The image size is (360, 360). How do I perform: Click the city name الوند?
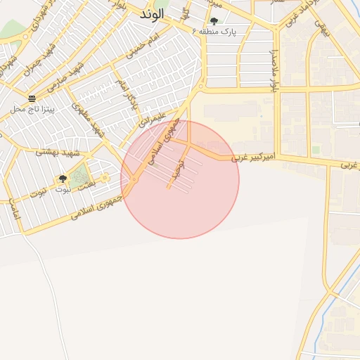[x=153, y=14]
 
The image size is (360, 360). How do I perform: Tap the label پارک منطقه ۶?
[x=214, y=32]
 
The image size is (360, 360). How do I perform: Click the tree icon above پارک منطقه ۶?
[x=214, y=21]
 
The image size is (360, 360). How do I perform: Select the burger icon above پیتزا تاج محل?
[x=32, y=98]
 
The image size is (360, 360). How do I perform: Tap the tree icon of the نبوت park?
[x=63, y=179]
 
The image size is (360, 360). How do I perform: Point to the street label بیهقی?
[x=321, y=28]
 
